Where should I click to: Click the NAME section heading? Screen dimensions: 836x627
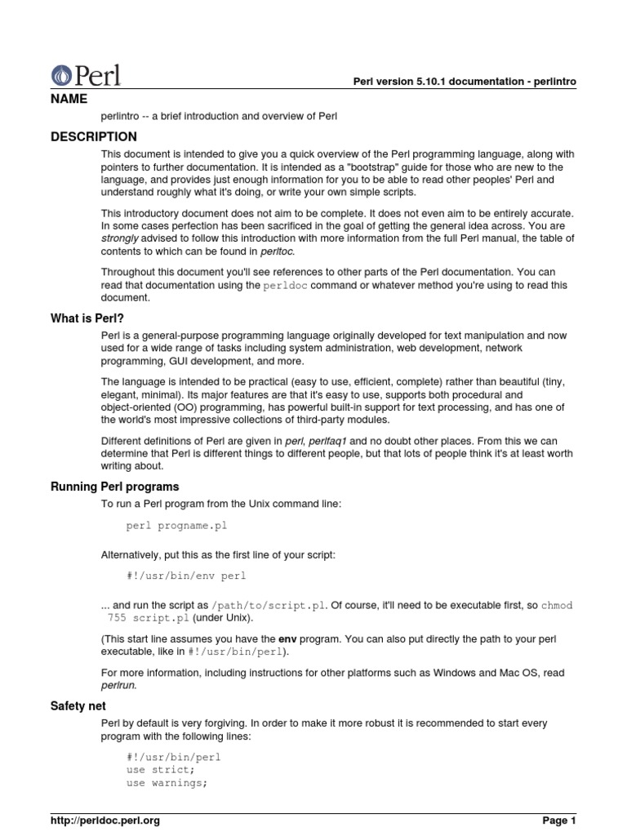pos(70,98)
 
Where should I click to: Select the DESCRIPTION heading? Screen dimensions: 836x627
pos(94,136)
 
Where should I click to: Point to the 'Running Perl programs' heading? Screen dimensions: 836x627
pos(114,487)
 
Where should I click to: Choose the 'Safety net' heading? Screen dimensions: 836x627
pos(78,705)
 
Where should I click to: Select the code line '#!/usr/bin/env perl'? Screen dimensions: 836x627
pos(186,576)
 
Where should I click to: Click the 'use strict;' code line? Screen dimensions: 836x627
pos(161,769)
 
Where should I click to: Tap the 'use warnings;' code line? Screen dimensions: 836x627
pos(167,782)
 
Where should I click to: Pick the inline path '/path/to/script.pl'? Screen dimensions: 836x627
pos(270,605)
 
